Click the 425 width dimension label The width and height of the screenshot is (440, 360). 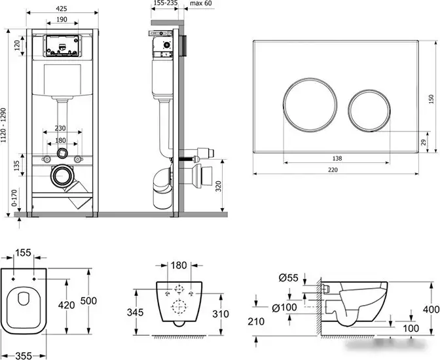click(62, 10)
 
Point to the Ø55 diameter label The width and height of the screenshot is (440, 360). click(287, 278)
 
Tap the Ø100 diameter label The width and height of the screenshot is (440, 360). click(285, 307)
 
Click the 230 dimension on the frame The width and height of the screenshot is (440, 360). click(62, 129)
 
